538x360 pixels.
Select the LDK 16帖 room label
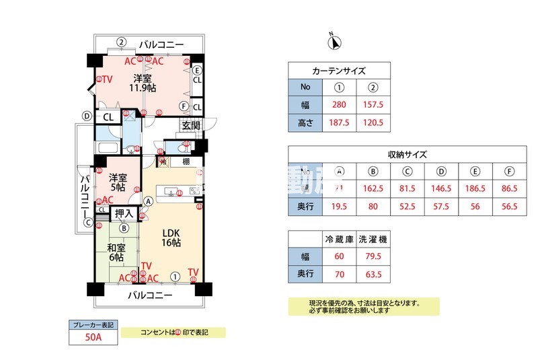coord(171,238)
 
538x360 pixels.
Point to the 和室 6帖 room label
coord(116,252)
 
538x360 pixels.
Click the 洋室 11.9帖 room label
coord(144,82)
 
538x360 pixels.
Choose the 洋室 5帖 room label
coord(118,182)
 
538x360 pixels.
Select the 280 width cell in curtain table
coord(339,105)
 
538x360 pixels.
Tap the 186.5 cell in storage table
coord(475,189)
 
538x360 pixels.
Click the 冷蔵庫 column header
coord(339,239)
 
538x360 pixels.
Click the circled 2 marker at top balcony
coord(121,42)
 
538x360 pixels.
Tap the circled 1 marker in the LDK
coord(175,275)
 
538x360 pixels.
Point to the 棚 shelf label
coord(184,161)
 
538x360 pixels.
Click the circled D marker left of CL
coord(86,116)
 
